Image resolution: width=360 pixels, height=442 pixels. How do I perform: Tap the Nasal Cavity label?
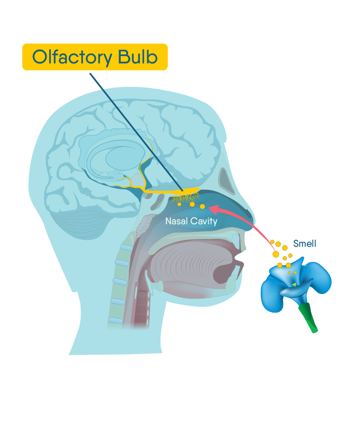(191, 221)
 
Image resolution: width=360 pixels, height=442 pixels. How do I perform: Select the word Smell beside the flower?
(305, 244)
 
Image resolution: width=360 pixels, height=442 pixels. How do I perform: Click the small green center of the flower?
(294, 284)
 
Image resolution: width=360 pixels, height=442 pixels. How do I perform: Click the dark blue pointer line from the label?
(135, 131)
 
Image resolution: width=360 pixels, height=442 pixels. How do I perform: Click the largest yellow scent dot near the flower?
(276, 254)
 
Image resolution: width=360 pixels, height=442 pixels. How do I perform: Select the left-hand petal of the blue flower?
(272, 291)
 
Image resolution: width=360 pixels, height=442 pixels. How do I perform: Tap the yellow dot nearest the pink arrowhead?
(202, 207)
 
